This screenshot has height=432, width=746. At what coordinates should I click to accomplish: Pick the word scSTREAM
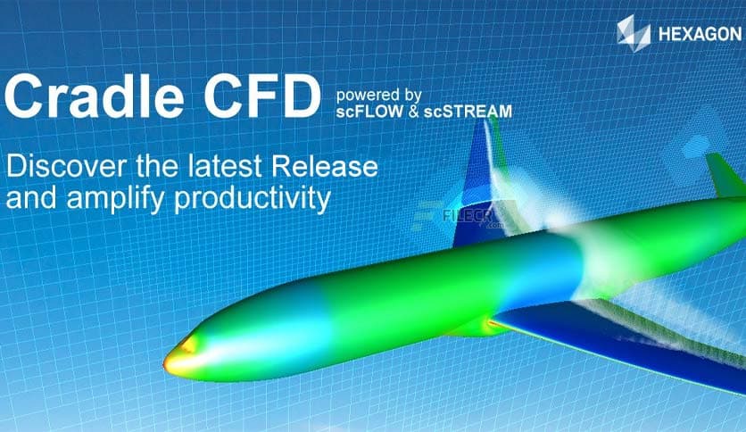[469, 112]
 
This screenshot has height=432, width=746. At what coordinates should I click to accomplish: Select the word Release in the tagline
[324, 166]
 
